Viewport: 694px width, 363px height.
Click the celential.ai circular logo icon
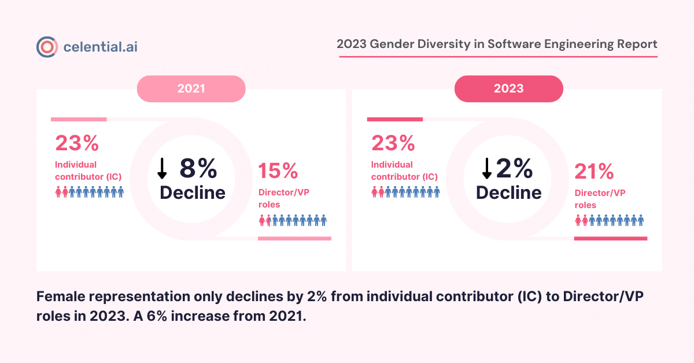(46, 47)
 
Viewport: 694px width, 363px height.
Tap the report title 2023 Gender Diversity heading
(497, 44)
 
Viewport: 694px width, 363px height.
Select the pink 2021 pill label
(191, 88)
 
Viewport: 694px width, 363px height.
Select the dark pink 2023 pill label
(508, 88)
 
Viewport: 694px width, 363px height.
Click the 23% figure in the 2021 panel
(77, 143)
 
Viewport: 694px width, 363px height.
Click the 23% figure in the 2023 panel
(393, 143)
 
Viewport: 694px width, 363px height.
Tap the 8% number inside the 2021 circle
(198, 168)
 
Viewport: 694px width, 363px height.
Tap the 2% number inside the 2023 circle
(514, 168)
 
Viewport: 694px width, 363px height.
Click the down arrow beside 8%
(163, 168)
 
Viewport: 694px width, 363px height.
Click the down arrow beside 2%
(487, 168)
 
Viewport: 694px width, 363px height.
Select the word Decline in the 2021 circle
(193, 192)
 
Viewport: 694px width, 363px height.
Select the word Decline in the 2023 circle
(509, 192)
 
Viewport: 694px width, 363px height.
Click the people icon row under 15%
(293, 220)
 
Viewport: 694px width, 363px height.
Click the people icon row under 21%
(609, 220)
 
